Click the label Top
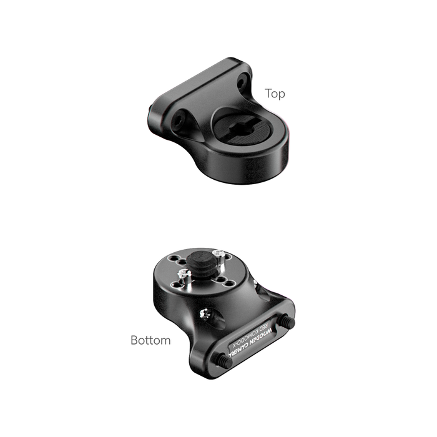pyautogui.click(x=275, y=94)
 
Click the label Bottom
pyautogui.click(x=150, y=340)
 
